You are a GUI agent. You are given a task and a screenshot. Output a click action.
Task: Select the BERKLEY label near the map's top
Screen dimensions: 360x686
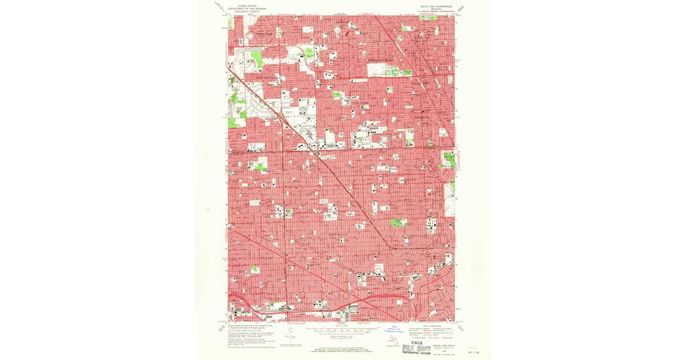[342, 22]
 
